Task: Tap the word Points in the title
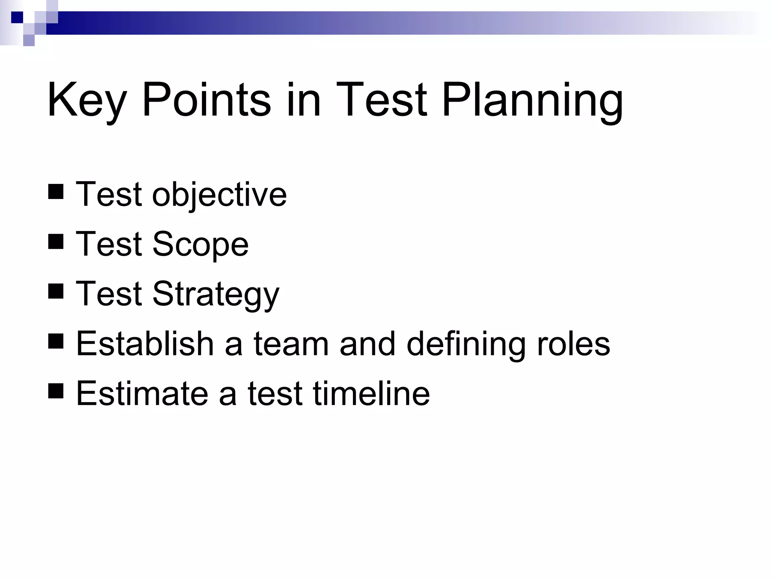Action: [x=206, y=100]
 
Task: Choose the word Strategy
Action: [x=216, y=295]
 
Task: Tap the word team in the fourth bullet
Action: [x=291, y=344]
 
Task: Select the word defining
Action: [x=466, y=344]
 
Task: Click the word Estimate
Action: [x=142, y=394]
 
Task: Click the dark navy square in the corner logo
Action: [x=17, y=17]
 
